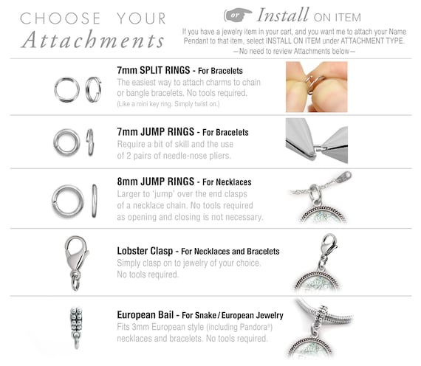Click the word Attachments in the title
(x=92, y=40)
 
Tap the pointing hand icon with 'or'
(x=238, y=15)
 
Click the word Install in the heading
(x=282, y=15)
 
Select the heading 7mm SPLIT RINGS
(x=154, y=70)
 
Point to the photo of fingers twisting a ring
(x=317, y=86)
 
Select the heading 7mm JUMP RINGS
(x=155, y=132)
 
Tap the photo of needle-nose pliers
(x=317, y=141)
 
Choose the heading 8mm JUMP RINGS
(x=155, y=182)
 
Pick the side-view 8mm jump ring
(x=95, y=201)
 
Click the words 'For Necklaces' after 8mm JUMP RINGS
(x=227, y=182)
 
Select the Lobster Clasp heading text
(x=145, y=251)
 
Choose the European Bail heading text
(x=146, y=315)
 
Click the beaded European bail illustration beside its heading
(x=76, y=328)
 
